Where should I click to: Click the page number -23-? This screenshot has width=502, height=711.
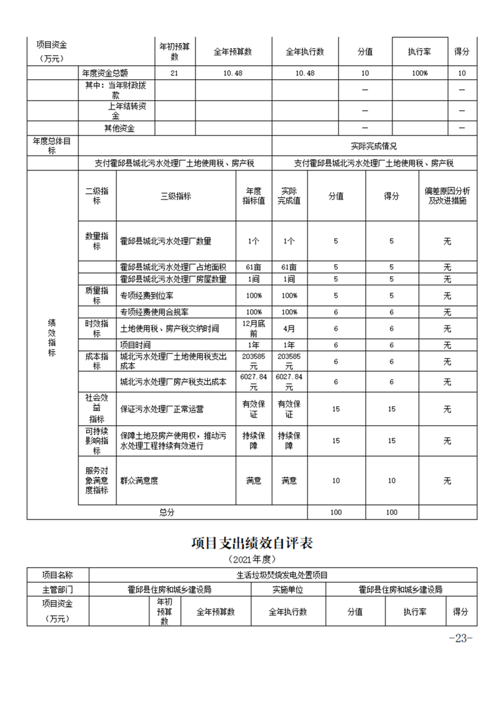[460, 638]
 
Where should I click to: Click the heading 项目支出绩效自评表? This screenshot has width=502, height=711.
[251, 544]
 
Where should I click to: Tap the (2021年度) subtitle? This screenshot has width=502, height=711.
[251, 560]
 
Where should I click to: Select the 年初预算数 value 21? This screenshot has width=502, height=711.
[175, 74]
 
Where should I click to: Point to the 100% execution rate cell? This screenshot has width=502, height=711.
[419, 74]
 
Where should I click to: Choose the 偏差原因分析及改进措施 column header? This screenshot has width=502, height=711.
[446, 196]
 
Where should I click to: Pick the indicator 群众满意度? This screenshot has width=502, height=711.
[139, 481]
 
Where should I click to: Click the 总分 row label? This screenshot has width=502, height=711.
[166, 512]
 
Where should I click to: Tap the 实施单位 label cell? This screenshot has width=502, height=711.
[287, 589]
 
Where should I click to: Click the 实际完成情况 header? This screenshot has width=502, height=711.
[373, 146]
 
